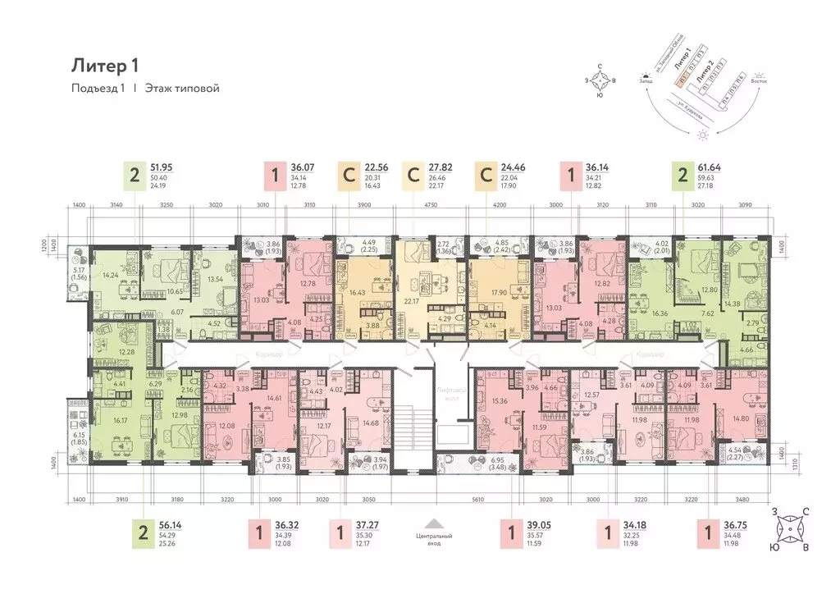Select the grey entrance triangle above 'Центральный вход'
click(x=437, y=523)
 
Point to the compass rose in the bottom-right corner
click(x=790, y=530)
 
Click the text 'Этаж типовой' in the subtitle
click(x=183, y=89)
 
